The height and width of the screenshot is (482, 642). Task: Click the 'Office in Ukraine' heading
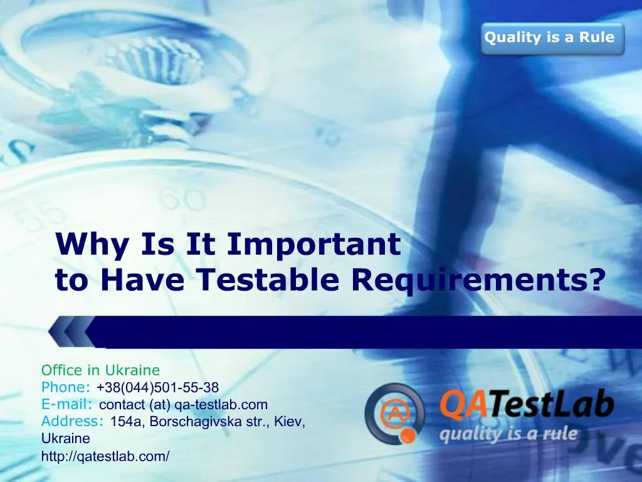tap(100, 370)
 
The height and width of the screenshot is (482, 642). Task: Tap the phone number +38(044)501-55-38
tap(158, 387)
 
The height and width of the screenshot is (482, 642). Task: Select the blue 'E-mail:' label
tap(67, 404)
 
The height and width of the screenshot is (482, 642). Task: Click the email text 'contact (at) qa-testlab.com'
tap(183, 404)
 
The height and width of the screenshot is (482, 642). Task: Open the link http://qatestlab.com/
tap(105, 456)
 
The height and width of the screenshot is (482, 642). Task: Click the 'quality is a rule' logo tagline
tap(508, 434)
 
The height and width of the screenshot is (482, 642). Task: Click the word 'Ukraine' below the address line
tap(65, 438)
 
